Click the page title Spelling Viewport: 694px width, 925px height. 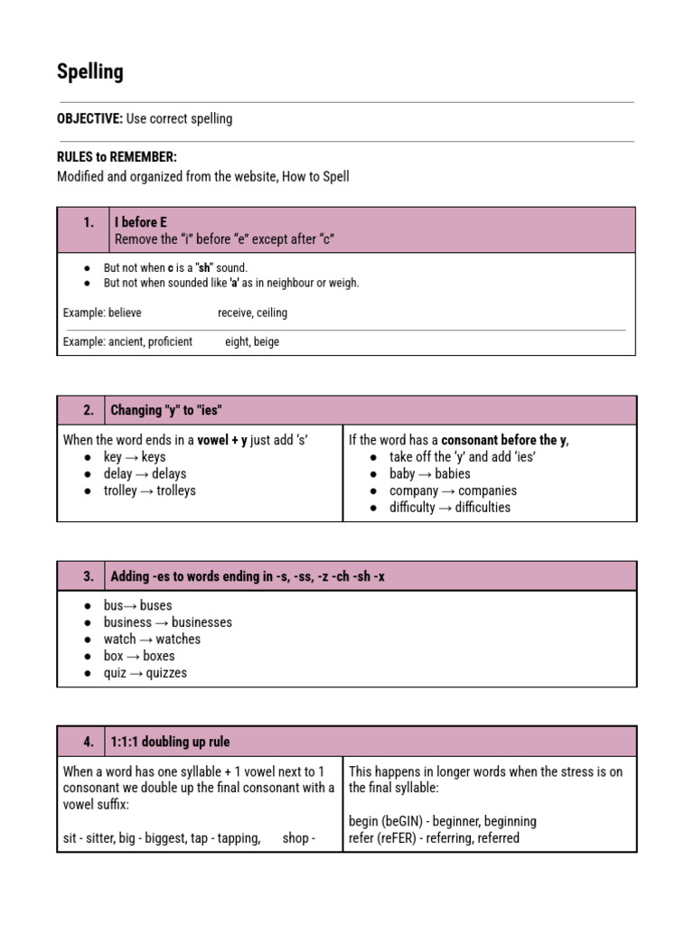[90, 72]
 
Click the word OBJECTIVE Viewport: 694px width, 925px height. [89, 119]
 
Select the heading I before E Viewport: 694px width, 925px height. [141, 222]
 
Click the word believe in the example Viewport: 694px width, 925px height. [125, 313]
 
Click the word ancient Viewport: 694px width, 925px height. [126, 342]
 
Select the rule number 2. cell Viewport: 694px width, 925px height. [89, 410]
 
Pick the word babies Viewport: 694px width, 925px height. [453, 473]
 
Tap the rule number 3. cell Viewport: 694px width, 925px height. [89, 576]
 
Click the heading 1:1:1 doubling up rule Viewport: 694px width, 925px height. [170, 742]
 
